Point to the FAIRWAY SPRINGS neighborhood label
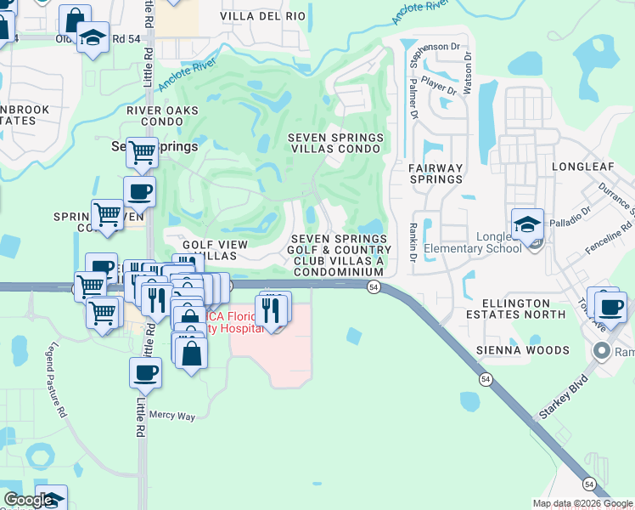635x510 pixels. click(436, 173)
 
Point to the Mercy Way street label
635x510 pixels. click(172, 416)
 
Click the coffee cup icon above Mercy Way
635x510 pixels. click(145, 372)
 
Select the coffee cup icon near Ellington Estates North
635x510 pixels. click(610, 304)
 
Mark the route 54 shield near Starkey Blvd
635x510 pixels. click(588, 484)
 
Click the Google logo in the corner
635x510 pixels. click(28, 500)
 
